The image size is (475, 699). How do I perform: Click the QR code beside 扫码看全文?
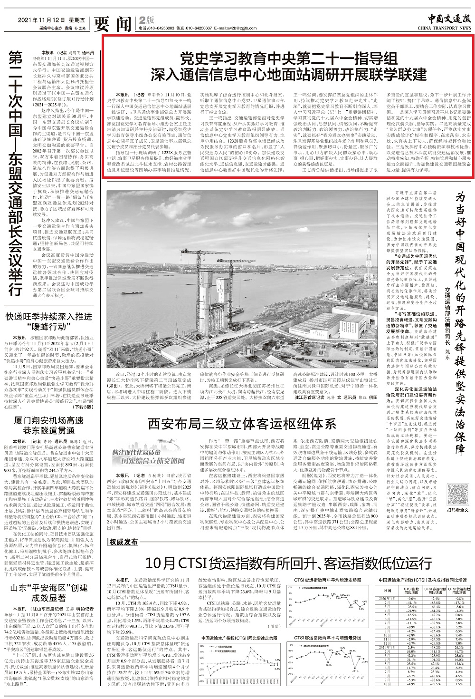pos(457,495)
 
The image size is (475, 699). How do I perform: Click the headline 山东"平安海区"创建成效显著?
pos(49,592)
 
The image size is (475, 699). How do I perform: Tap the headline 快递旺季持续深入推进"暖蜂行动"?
pos(49,321)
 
